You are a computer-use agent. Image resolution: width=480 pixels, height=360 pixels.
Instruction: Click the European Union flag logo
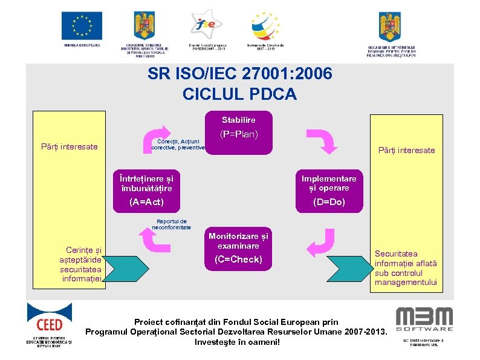pyautogui.click(x=82, y=25)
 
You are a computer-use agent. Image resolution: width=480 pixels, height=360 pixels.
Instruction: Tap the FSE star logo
pyautogui.click(x=204, y=25)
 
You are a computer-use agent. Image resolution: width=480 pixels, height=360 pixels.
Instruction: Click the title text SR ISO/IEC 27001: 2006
pyautogui.click(x=239, y=74)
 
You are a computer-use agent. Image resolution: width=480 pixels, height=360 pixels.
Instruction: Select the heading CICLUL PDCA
pyautogui.click(x=239, y=94)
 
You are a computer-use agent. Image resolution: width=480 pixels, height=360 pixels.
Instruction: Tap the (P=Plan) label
pyautogui.click(x=238, y=134)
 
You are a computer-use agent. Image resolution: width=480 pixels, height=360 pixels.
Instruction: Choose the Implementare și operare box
pyautogui.click(x=329, y=183)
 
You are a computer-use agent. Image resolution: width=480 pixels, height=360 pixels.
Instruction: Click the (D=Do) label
pyautogui.click(x=329, y=202)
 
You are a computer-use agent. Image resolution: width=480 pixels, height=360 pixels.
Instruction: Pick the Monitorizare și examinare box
pyautogui.click(x=238, y=241)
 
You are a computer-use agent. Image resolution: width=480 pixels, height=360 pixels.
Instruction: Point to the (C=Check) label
pyautogui.click(x=238, y=260)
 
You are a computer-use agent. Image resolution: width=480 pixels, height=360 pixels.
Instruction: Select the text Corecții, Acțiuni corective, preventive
pyautogui.click(x=178, y=143)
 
